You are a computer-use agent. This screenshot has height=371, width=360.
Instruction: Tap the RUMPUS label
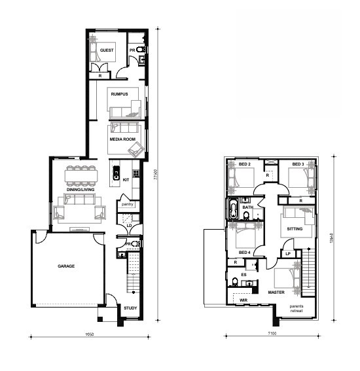(118, 94)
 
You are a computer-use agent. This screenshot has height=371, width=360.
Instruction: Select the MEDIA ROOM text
(122, 139)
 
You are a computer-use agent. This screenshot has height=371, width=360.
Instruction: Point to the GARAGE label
(65, 267)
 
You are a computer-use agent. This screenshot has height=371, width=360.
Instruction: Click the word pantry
(127, 204)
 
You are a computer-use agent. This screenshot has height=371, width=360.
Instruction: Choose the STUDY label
(130, 307)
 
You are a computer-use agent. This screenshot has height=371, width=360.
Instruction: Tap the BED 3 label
(298, 164)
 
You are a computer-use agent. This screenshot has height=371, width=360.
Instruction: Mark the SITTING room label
(295, 229)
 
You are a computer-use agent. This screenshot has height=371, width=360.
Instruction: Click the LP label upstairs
(287, 254)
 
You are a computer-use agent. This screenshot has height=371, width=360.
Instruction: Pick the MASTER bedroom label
(276, 292)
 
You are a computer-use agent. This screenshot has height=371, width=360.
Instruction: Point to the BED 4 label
(243, 253)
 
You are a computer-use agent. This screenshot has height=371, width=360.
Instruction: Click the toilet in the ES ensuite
(235, 282)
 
